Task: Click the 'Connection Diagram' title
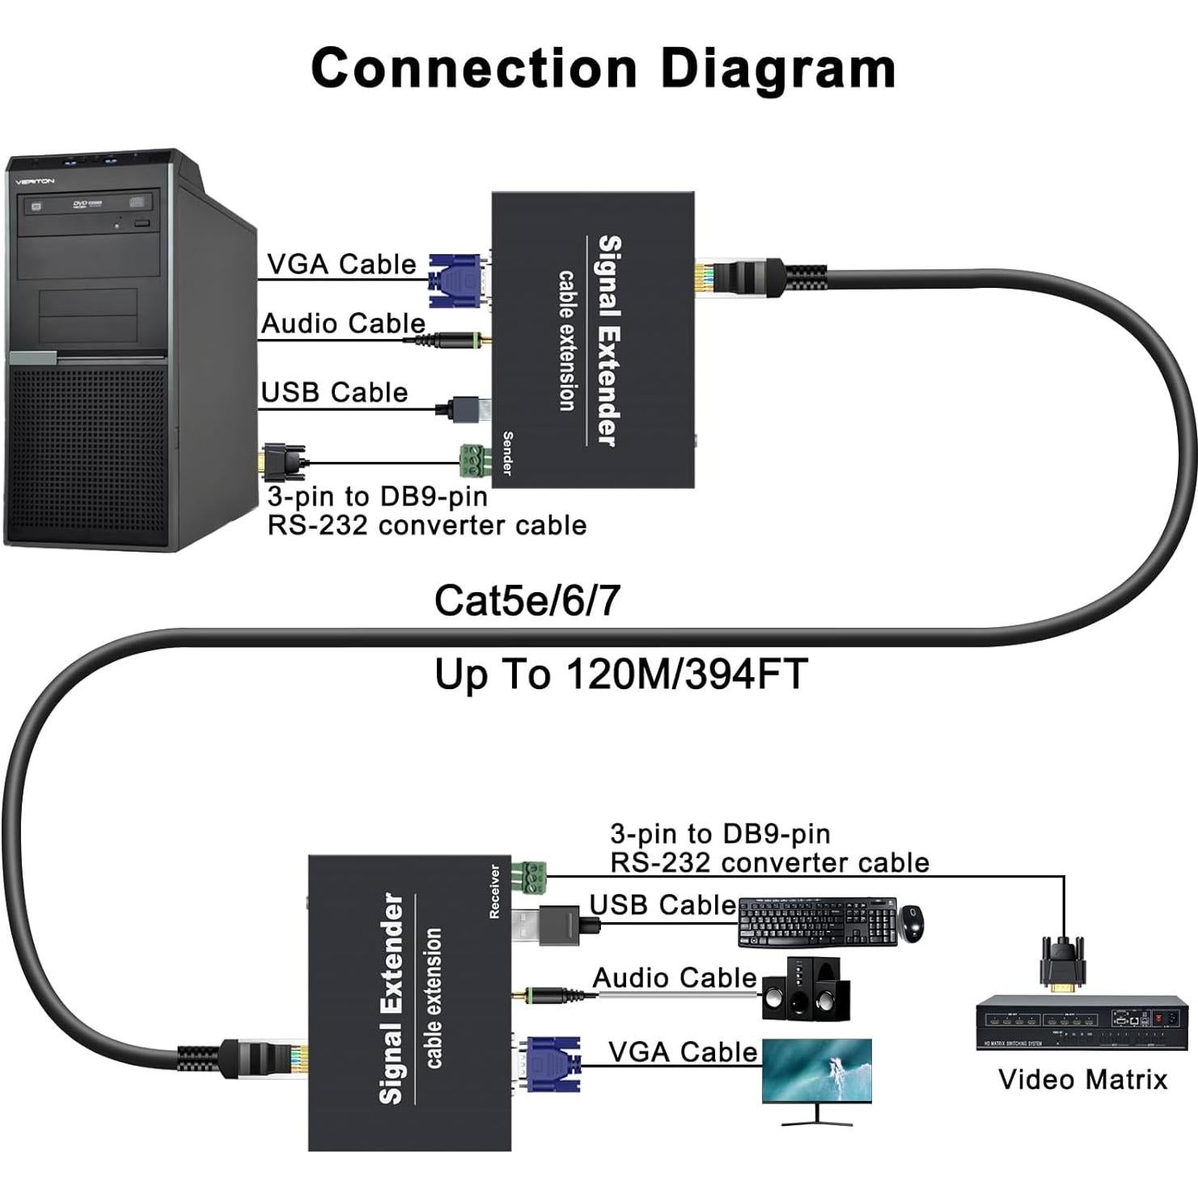(603, 68)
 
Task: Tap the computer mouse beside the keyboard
(912, 922)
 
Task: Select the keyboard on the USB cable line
(817, 922)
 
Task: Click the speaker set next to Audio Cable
(806, 989)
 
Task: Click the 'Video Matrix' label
(1082, 1079)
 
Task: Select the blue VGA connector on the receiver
(552, 1064)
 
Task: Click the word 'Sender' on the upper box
(508, 454)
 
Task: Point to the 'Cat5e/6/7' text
(527, 600)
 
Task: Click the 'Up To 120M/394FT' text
(620, 673)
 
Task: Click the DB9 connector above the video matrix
(1062, 963)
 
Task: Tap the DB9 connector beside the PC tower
(284, 463)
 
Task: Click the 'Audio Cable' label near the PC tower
(343, 324)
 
